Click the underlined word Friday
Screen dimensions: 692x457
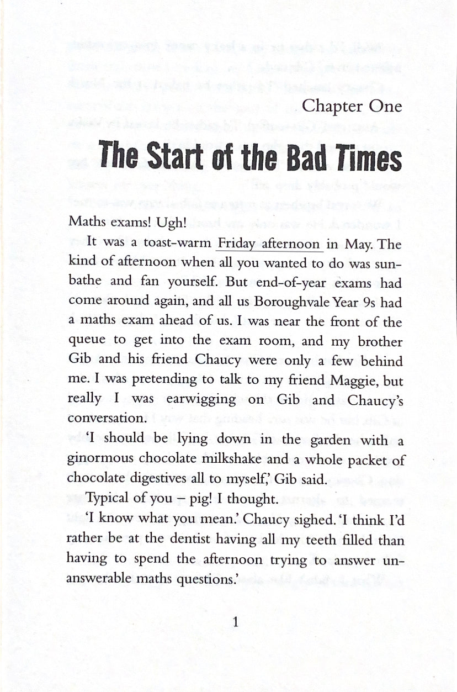click(239, 244)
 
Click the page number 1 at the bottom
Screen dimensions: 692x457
click(236, 623)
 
